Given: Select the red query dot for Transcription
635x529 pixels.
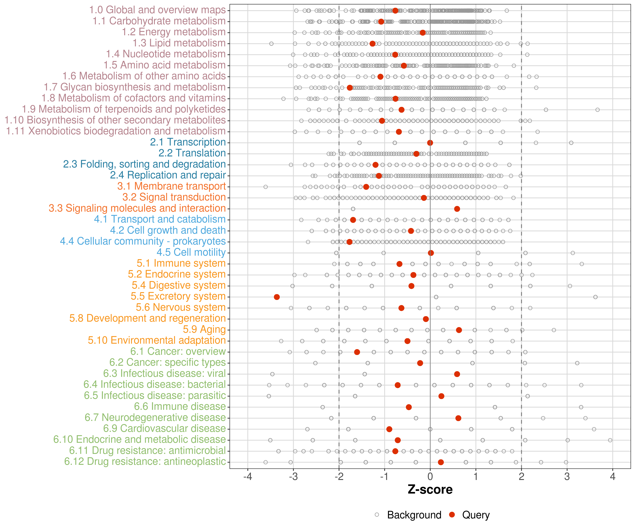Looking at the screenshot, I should [430, 143].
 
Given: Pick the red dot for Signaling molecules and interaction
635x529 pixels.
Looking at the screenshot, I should [457, 209].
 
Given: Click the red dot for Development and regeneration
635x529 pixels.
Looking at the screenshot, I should [426, 319].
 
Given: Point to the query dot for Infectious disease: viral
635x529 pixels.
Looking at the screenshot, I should [457, 374].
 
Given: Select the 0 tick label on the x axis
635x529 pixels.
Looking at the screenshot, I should [430, 477].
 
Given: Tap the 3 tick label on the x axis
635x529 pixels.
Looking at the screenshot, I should [567, 477].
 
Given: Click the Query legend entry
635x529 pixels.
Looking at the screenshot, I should [476, 515].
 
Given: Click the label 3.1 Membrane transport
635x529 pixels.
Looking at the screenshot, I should [171, 186].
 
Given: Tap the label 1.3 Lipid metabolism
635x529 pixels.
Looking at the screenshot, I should [179, 43].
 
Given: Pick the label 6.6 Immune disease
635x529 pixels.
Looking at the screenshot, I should [180, 407].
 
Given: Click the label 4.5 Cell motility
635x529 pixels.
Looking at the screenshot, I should [191, 252].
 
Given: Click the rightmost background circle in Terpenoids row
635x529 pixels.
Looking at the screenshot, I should [597, 110].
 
